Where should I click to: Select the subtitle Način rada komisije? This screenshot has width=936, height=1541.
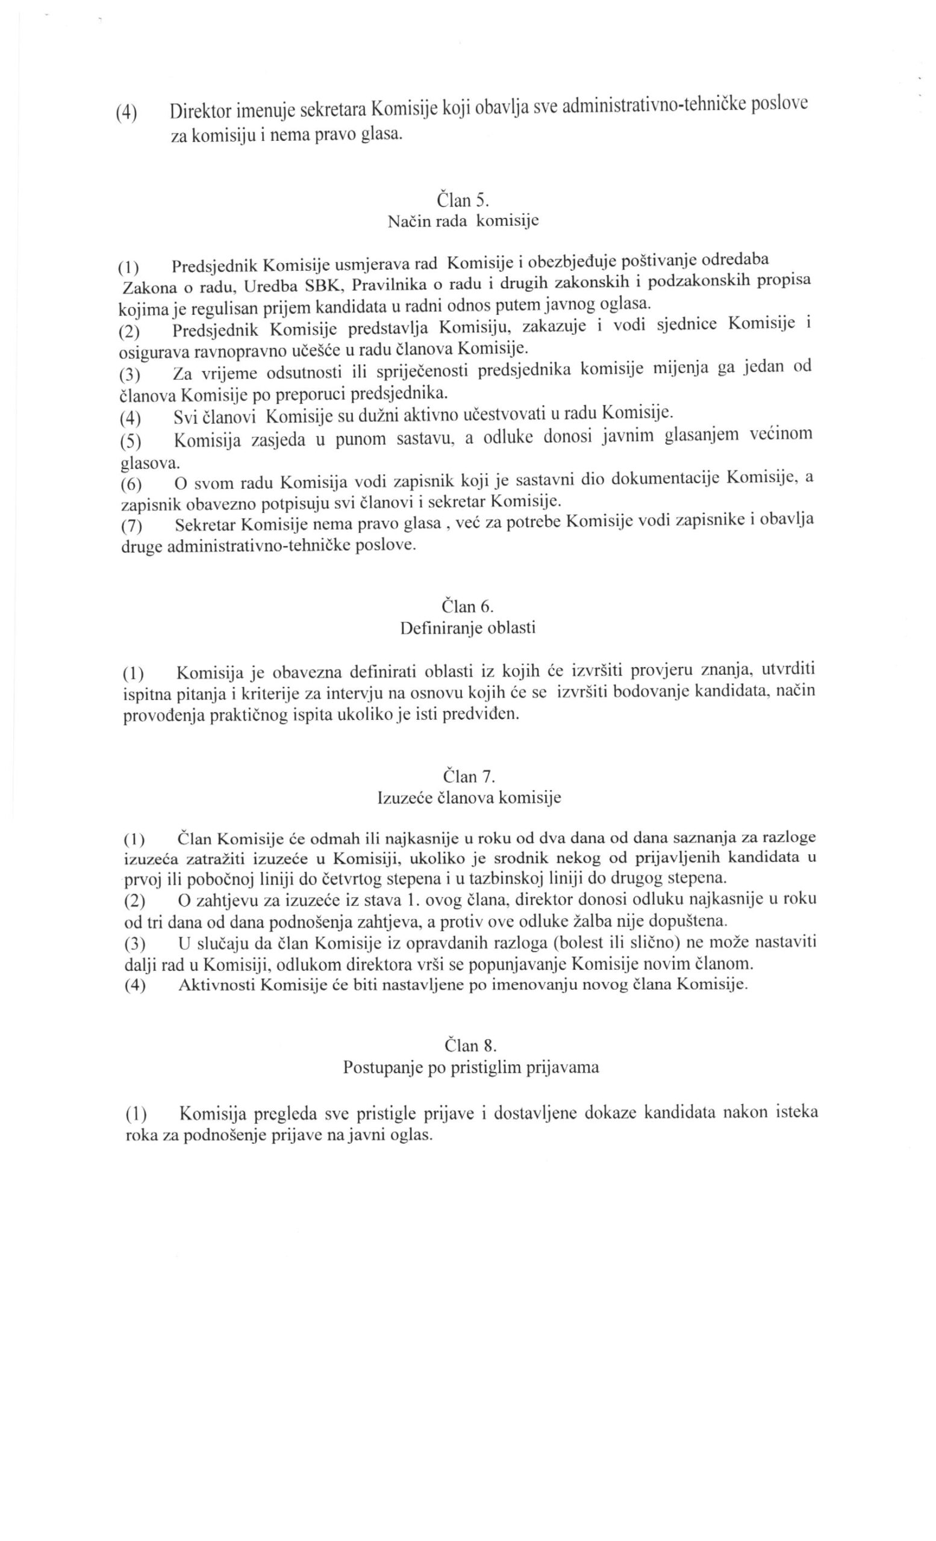(463, 222)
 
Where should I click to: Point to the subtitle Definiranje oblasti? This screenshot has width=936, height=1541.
(467, 628)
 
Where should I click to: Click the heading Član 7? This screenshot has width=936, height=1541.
(469, 776)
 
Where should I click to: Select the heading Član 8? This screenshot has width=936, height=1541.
(470, 1045)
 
